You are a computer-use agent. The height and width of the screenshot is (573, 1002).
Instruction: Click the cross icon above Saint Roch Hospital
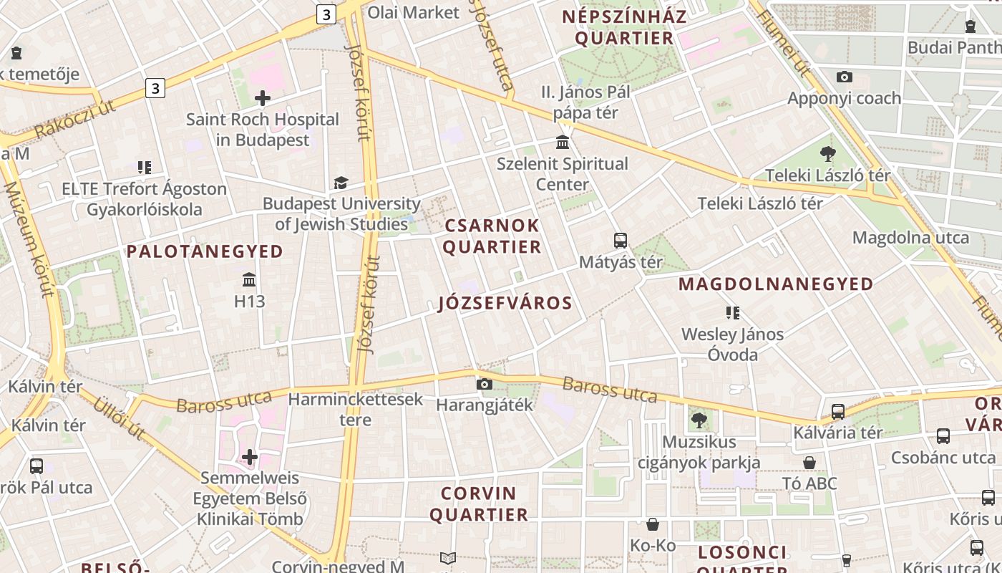tap(263, 97)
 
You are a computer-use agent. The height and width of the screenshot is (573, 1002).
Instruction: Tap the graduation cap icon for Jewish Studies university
tap(341, 183)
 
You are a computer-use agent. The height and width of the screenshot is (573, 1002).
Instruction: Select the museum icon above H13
tap(249, 279)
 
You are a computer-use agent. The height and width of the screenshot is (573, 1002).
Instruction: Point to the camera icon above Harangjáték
tap(485, 384)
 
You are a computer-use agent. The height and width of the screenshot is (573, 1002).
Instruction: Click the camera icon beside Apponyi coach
tap(845, 77)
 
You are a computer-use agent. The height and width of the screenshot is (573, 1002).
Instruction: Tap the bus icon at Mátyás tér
tap(621, 241)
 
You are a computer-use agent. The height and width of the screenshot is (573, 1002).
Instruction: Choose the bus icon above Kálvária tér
tap(837, 412)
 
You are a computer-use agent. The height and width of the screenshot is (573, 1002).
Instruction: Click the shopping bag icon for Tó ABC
tap(809, 463)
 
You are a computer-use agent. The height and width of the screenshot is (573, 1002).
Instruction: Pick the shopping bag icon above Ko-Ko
tap(652, 524)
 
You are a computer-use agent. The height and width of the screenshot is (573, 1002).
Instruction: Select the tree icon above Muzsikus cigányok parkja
tap(699, 420)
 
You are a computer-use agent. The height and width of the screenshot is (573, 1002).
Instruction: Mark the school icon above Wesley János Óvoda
tap(732, 312)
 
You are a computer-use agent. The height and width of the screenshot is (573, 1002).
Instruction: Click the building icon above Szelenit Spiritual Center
tap(563, 142)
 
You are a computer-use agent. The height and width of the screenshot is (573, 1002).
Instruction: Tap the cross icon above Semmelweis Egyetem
tap(249, 456)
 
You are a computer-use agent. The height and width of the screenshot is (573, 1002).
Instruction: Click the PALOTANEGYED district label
tap(205, 251)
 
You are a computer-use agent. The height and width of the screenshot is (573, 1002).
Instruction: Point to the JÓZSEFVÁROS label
tap(505, 303)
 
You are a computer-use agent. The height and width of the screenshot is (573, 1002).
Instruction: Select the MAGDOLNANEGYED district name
tap(776, 284)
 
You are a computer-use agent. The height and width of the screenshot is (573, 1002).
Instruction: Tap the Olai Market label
tap(413, 12)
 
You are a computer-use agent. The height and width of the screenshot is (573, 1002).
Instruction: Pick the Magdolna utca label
tap(910, 238)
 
